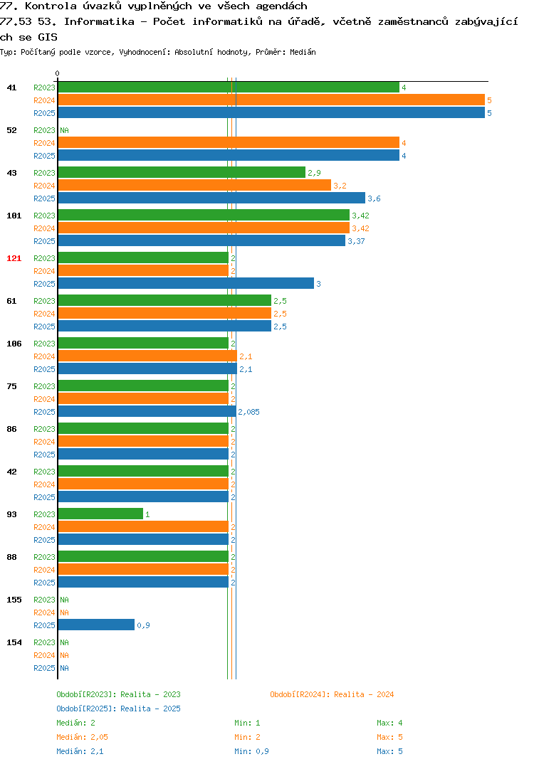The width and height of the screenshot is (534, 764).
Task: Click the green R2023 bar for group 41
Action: tap(229, 87)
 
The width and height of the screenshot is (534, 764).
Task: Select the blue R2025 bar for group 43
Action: tap(211, 198)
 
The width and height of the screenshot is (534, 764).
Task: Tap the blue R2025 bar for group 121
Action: tap(187, 283)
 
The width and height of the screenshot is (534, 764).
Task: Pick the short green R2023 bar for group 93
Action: tap(101, 514)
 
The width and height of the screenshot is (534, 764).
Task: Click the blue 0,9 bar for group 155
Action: tap(97, 625)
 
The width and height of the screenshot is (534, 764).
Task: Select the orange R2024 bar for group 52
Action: tap(229, 142)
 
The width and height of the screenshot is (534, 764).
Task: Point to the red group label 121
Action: tap(14, 258)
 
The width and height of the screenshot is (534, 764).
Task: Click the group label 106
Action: tap(14, 344)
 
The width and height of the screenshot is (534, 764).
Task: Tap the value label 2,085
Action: tap(248, 412)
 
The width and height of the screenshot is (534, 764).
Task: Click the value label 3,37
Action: tap(356, 241)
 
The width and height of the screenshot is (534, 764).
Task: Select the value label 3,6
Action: tap(374, 198)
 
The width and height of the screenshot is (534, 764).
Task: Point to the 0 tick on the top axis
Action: tap(58, 73)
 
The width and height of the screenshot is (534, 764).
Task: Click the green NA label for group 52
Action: tap(64, 130)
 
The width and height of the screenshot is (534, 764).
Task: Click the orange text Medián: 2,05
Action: tap(82, 737)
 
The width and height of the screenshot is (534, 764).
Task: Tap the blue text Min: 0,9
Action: tap(251, 751)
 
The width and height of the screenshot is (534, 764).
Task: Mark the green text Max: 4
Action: tap(389, 723)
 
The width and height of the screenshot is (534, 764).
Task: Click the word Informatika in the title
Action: tap(99, 21)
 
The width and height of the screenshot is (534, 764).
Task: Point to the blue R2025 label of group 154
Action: tap(44, 668)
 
